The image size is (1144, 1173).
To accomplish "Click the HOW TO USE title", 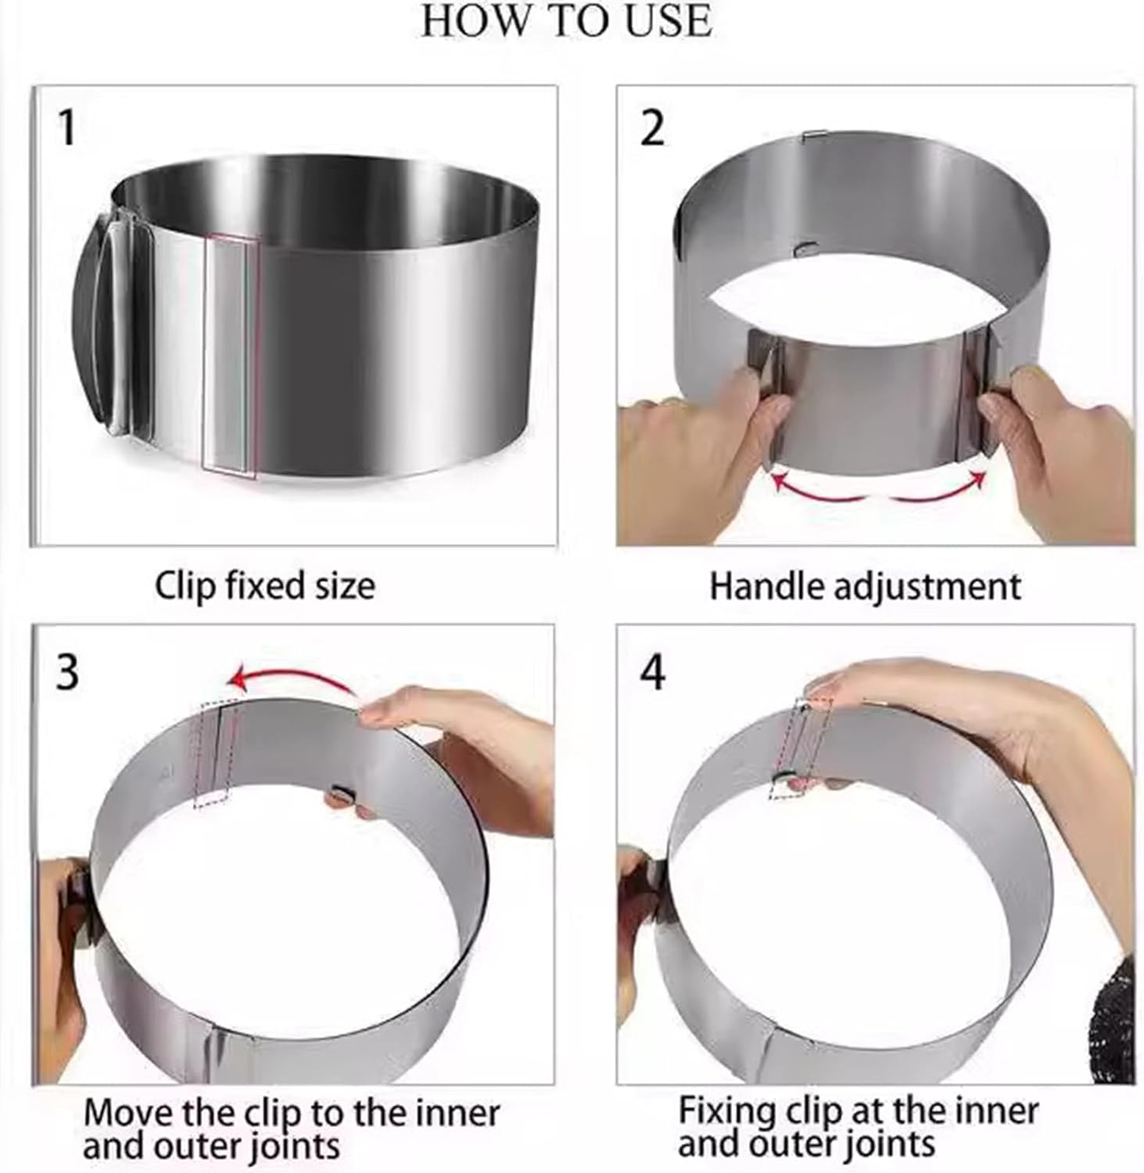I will pyautogui.click(x=566, y=21).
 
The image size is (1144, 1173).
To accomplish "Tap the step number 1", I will pyautogui.click(x=67, y=128).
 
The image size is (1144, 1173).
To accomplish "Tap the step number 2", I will pyautogui.click(x=651, y=128).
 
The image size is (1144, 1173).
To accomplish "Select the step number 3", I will pyautogui.click(x=67, y=671).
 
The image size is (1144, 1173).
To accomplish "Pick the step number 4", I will pyautogui.click(x=652, y=671).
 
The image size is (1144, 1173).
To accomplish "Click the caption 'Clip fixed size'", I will pyautogui.click(x=264, y=586).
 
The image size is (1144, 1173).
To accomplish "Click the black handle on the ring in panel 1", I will pyautogui.click(x=92, y=328).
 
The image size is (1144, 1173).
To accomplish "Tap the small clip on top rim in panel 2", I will pyautogui.click(x=814, y=136).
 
